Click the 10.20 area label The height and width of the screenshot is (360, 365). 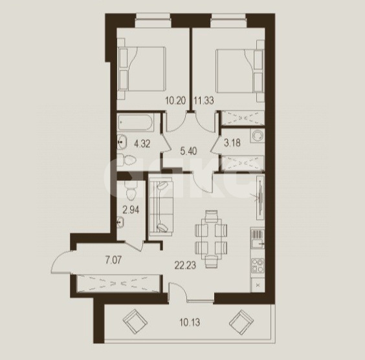point(175,101)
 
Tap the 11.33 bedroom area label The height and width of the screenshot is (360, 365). point(204,101)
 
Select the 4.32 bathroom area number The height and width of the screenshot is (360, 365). point(142,144)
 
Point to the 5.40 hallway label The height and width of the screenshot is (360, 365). point(188,151)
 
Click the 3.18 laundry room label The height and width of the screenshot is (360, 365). point(232,143)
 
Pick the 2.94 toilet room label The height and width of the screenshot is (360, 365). point(131,210)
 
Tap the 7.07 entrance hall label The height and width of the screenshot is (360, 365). point(113,260)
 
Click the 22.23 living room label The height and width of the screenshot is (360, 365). point(185,265)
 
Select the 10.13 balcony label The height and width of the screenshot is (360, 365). point(190,323)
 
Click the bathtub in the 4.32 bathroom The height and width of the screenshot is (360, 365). point(135,123)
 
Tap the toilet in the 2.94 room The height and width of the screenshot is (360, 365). point(131,191)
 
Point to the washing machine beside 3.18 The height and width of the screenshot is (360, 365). point(257,135)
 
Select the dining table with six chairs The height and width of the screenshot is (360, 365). point(211,239)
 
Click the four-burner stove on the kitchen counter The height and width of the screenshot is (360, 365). point(258,266)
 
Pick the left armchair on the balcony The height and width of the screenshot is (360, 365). point(135,321)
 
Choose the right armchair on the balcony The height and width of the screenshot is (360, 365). point(241,323)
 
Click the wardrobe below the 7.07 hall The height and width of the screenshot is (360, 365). point(118,283)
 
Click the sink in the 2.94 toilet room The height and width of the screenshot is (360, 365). point(120,222)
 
